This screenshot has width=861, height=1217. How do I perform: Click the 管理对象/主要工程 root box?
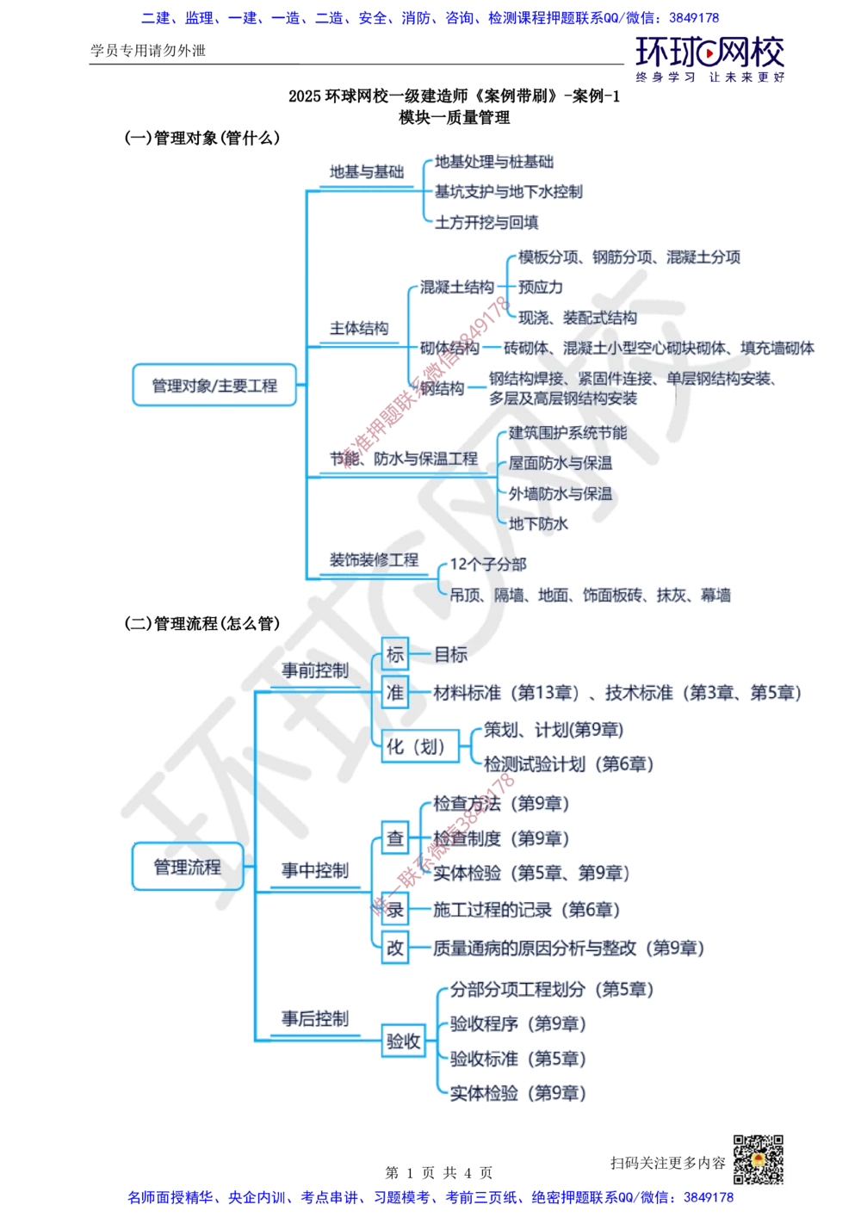(x=214, y=386)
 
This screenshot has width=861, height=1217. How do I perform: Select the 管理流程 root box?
(x=187, y=866)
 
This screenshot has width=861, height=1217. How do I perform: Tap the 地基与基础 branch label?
(x=367, y=171)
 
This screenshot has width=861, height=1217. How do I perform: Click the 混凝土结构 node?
(x=456, y=287)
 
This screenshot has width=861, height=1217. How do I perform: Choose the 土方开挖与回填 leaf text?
(x=487, y=222)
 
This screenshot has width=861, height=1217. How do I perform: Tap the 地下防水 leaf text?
(x=539, y=523)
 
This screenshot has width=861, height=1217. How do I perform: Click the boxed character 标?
(x=395, y=655)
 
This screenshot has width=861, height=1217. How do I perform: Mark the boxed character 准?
(x=395, y=693)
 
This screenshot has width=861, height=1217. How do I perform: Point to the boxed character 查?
(x=395, y=837)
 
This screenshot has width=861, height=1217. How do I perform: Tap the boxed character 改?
(x=395, y=948)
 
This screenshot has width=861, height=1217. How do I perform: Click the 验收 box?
(x=404, y=1042)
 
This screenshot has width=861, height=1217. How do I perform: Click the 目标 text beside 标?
(x=450, y=655)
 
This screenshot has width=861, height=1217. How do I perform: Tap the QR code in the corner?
(x=757, y=1159)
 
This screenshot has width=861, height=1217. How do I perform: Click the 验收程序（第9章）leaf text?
(x=517, y=1024)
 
